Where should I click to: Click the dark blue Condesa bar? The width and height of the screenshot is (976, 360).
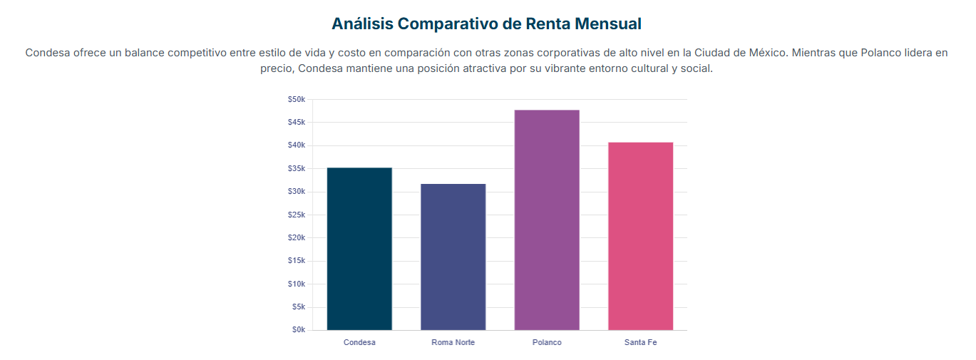(x=359, y=249)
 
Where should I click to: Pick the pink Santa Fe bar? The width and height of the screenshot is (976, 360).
(x=640, y=236)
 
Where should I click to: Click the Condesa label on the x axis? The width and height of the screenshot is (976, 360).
(x=359, y=342)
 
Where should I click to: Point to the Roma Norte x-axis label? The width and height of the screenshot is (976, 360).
(x=453, y=342)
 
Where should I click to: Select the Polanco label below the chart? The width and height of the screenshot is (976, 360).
(x=547, y=342)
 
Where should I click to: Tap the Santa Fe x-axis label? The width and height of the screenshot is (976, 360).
(x=640, y=342)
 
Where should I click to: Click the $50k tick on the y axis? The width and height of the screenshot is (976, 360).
(x=297, y=99)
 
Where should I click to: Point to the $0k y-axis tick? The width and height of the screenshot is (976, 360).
(x=298, y=330)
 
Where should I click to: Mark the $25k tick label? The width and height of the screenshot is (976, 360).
(x=297, y=215)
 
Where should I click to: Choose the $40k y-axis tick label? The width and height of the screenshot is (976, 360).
(x=297, y=145)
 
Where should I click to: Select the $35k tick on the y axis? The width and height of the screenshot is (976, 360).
(x=297, y=169)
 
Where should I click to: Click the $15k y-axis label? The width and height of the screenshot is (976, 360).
(x=297, y=261)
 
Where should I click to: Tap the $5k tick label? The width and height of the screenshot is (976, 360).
(x=298, y=307)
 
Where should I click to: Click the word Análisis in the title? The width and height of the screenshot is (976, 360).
(x=362, y=24)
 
